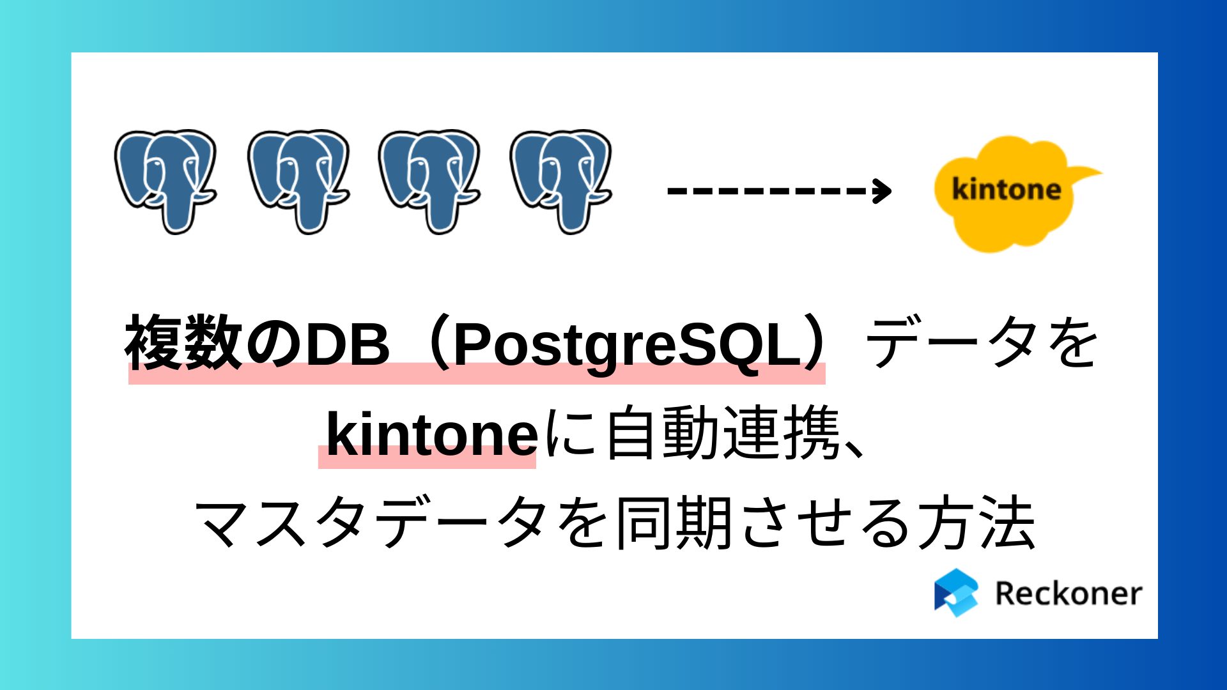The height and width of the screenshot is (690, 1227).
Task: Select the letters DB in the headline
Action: pos(348,345)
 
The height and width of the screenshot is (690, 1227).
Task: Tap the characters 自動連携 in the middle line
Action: pos(722,433)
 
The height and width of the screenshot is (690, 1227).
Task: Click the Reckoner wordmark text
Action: pos(1068,594)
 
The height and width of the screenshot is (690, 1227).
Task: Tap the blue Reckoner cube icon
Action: pos(956,592)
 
